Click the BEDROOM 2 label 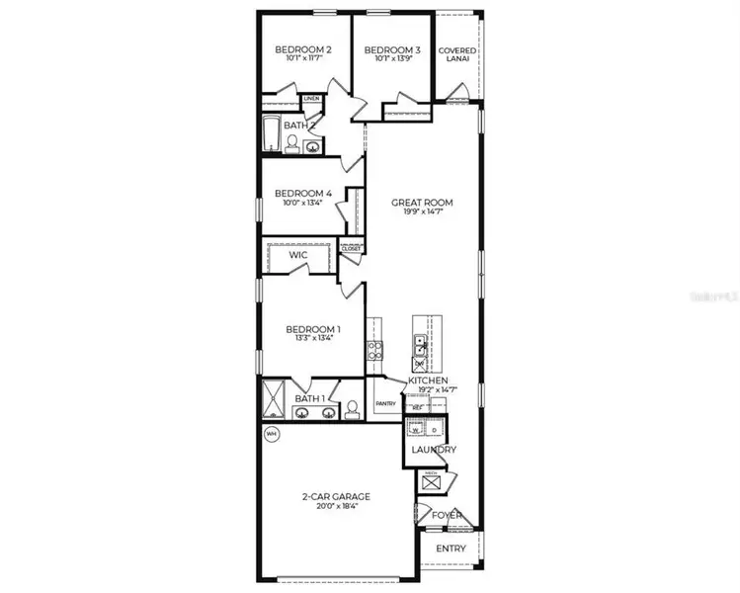click(302, 50)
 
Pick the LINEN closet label click(311, 100)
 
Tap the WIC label click(299, 255)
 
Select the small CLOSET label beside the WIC click(351, 249)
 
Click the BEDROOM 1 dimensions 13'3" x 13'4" click(313, 339)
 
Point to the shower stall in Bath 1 click(273, 403)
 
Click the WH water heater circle click(270, 433)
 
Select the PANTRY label click(385, 402)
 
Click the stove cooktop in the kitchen click(375, 348)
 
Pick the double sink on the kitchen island click(420, 347)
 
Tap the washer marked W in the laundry click(416, 430)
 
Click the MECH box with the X click(431, 485)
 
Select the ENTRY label click(450, 549)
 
